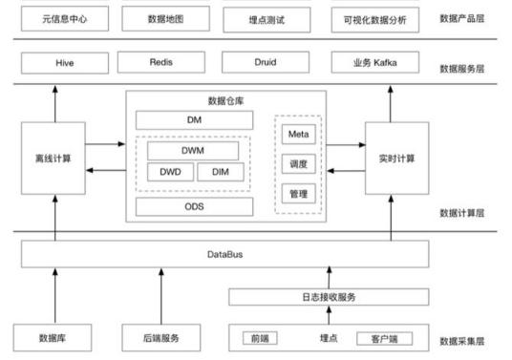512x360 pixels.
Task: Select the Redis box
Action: coord(160,62)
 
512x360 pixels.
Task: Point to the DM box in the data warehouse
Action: coord(195,120)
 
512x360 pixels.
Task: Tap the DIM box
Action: coord(221,172)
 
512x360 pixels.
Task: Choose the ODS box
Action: coord(195,206)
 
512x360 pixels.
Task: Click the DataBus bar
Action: coord(222,255)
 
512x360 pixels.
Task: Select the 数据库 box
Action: coord(53,338)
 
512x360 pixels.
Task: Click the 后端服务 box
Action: coord(160,338)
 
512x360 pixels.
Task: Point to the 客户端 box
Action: coord(375,338)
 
